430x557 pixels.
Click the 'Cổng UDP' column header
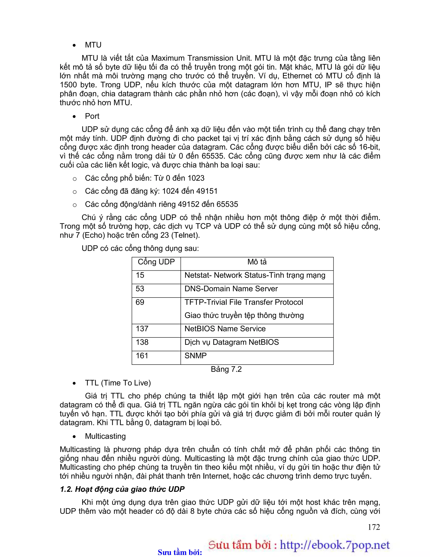(156, 262)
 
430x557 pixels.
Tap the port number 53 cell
(140, 289)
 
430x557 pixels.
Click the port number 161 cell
(142, 356)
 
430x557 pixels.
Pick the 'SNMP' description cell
(195, 356)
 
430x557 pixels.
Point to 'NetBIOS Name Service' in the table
(225, 329)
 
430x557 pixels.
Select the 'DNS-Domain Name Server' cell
(231, 289)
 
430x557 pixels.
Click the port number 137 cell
(142, 329)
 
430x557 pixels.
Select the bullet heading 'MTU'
(93, 45)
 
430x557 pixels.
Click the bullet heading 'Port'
(92, 116)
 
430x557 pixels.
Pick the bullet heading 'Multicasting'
(105, 436)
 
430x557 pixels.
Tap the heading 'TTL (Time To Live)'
(118, 383)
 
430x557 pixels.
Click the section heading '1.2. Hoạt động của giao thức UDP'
(122, 489)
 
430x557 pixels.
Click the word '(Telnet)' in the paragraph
(185, 235)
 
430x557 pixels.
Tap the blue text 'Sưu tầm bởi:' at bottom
(180, 552)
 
